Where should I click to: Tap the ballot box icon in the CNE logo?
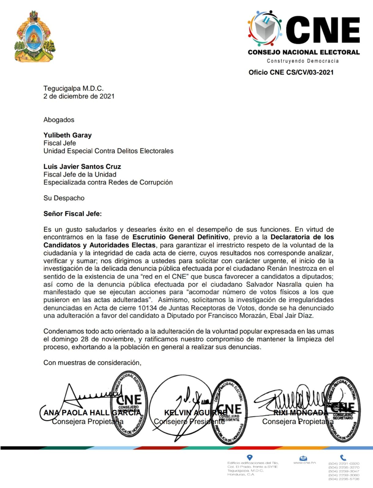[265, 29]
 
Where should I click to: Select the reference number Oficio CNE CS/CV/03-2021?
[291, 73]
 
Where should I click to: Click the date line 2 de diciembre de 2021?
[79, 96]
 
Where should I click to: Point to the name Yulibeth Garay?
[68, 135]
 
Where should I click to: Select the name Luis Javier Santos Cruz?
[82, 167]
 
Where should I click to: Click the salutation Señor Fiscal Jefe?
[72, 214]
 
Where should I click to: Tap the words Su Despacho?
[64, 198]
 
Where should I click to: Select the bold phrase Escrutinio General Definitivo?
[180, 237]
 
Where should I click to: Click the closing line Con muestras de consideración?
[92, 363]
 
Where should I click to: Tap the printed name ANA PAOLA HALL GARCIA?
[92, 413]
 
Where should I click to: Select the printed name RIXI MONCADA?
[300, 413]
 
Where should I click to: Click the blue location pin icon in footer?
[250, 457]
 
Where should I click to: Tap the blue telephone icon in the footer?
[343, 457]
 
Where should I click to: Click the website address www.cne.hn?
[304, 463]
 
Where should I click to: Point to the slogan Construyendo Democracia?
[303, 61]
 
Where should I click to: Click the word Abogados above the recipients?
[59, 120]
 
